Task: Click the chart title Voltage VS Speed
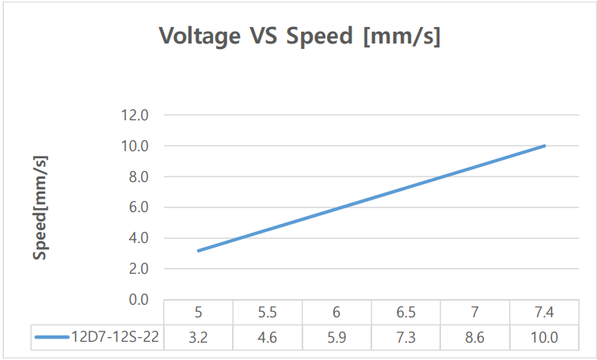tap(299, 36)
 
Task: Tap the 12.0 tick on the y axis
tap(135, 116)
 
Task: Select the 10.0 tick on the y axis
tap(135, 146)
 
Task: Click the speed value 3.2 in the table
tap(198, 337)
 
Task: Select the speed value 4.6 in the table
tap(268, 337)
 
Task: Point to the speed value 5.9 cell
tap(337, 337)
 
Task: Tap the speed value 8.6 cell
tap(475, 337)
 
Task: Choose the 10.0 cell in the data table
tap(545, 337)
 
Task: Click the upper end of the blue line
tap(545, 146)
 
